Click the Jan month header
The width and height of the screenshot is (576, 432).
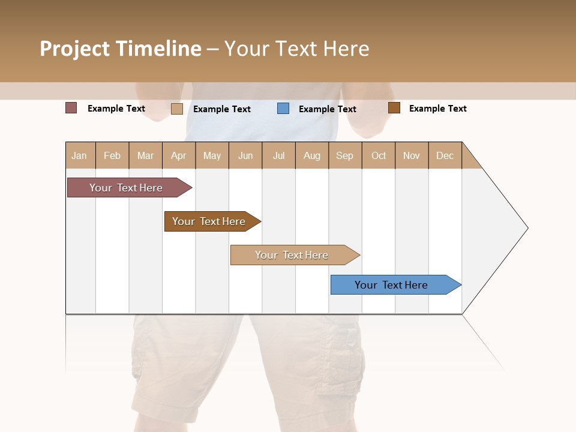pyautogui.click(x=79, y=155)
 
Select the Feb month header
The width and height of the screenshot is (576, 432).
pyautogui.click(x=112, y=155)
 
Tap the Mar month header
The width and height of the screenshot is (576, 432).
pyautogui.click(x=145, y=155)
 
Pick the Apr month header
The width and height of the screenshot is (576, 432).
pyautogui.click(x=179, y=155)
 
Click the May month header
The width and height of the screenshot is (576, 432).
pyautogui.click(x=212, y=155)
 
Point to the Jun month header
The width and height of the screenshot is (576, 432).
pyautogui.click(x=245, y=155)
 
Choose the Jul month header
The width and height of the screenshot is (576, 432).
pyautogui.click(x=278, y=155)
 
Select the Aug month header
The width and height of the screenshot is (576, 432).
pyautogui.click(x=312, y=155)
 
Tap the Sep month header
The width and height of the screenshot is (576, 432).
pyautogui.click(x=345, y=155)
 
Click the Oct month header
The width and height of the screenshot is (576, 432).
pyautogui.click(x=379, y=155)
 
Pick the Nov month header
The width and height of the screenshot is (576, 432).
pyautogui.click(x=412, y=155)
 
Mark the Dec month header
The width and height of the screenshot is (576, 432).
pyautogui.click(x=445, y=155)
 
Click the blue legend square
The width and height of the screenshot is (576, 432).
pyautogui.click(x=283, y=109)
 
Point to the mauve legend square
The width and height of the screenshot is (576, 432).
pyautogui.click(x=71, y=108)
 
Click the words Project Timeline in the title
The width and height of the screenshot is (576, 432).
pyautogui.click(x=120, y=49)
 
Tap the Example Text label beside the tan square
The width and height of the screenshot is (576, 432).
pyautogui.click(x=222, y=109)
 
